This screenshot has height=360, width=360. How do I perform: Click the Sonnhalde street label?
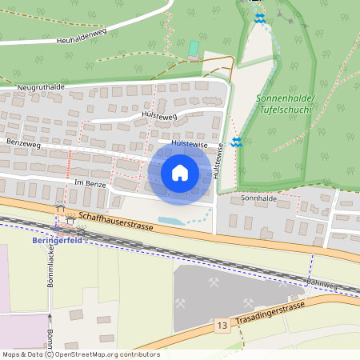click(x=257, y=196)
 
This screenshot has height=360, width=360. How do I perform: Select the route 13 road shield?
click(x=222, y=326)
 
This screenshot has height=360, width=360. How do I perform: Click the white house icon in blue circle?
click(x=180, y=173)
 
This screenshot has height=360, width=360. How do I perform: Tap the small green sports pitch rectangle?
click(x=193, y=48)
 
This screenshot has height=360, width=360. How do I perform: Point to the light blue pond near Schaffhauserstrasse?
click(x=174, y=219)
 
